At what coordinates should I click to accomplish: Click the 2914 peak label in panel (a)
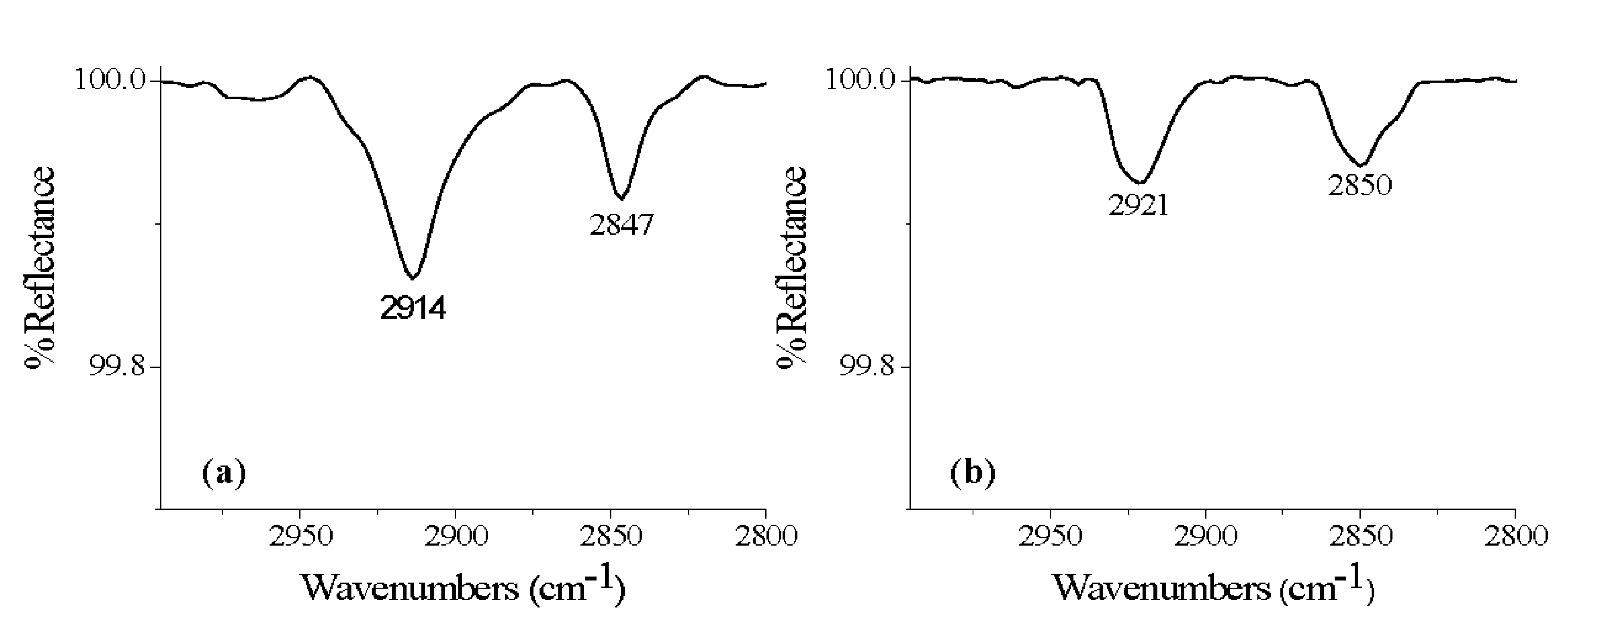tap(413, 308)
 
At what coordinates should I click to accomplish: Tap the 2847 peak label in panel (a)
tap(622, 224)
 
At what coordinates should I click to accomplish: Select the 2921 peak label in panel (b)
tap(1138, 205)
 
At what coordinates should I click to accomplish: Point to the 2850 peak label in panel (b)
tap(1360, 185)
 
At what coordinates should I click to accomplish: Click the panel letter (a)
tap(224, 473)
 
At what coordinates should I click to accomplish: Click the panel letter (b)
tap(973, 473)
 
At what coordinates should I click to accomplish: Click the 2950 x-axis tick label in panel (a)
tap(300, 536)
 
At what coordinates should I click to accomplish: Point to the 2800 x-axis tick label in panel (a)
tap(765, 536)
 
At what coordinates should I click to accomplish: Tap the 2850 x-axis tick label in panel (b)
tap(1360, 536)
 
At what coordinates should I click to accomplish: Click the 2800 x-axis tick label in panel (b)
tap(1515, 536)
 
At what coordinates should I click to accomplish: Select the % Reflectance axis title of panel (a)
tap(40, 268)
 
